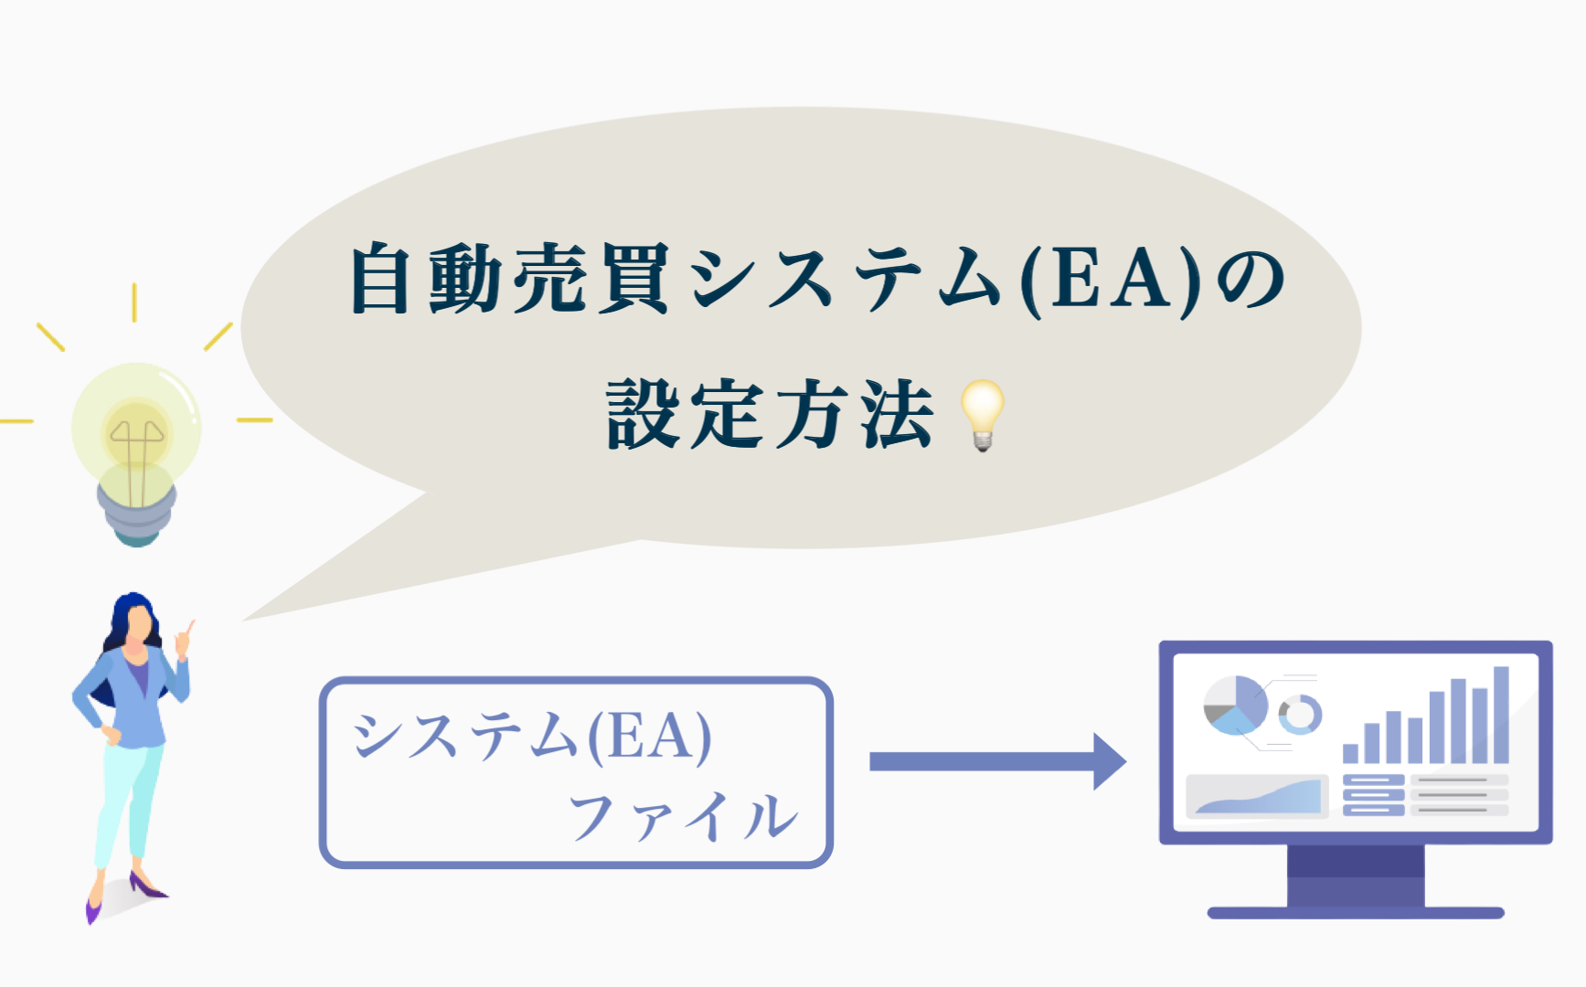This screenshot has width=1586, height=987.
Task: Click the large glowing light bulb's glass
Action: coord(137,425)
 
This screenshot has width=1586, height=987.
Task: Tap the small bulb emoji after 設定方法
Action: coord(983,414)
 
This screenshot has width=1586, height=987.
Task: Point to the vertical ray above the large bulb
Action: coord(134,302)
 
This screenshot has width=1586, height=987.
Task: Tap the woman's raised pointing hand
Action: coord(184,639)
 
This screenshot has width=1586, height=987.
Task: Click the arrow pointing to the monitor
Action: coord(996,761)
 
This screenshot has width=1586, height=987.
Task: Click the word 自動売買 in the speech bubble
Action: coord(509,279)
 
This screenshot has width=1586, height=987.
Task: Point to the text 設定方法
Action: coord(771,416)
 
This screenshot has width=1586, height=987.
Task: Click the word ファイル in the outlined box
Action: coord(683,816)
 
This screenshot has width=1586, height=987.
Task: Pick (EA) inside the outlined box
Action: coord(648,737)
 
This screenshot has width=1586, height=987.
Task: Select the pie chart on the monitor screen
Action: coord(1235,705)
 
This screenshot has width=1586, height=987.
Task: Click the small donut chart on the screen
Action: coord(1299,714)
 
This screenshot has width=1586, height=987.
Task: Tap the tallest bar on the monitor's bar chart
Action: coord(1501,715)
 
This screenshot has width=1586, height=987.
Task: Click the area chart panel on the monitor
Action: coord(1257,796)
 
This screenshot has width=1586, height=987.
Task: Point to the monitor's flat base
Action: coord(1356,912)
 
